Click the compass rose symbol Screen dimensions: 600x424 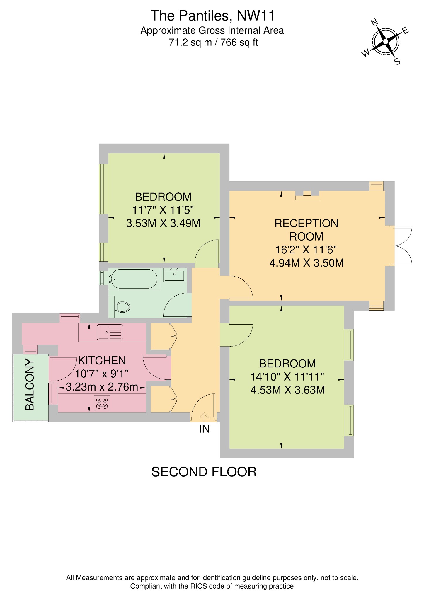386,42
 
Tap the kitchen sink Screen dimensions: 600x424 110,333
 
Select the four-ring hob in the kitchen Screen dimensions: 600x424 102,403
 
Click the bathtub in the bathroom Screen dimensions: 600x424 134,279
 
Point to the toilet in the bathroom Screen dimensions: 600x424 122,307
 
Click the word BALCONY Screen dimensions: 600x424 30,384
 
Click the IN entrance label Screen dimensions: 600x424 204,429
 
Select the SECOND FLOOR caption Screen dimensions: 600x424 204,472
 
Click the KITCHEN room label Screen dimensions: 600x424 102,360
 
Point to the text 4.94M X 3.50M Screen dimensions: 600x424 306,263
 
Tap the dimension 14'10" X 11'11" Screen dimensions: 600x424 287,377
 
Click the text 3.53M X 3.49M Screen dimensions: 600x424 163,223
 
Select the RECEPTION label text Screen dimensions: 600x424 306,223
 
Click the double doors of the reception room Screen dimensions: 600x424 403,246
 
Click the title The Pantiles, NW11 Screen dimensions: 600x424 212,16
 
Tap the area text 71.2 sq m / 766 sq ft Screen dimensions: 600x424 213,43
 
